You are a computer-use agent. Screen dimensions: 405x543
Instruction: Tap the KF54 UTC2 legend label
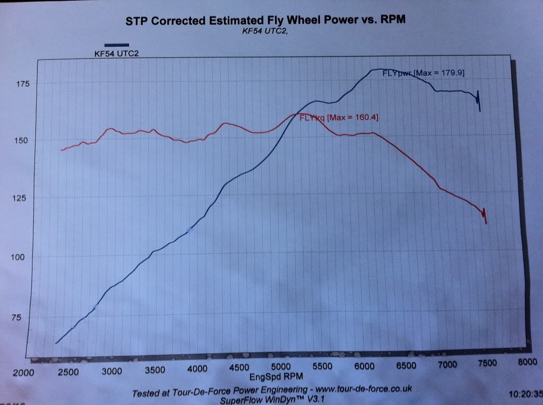tap(113, 53)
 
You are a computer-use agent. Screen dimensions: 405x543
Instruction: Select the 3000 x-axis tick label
tap(112, 371)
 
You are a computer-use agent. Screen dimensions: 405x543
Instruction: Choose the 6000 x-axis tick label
tap(364, 366)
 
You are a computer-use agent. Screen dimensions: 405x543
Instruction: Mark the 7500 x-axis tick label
tap(487, 363)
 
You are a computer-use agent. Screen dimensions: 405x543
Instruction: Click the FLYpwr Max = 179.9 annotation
tap(424, 73)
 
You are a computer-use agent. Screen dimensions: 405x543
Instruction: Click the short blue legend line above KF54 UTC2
tap(116, 45)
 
